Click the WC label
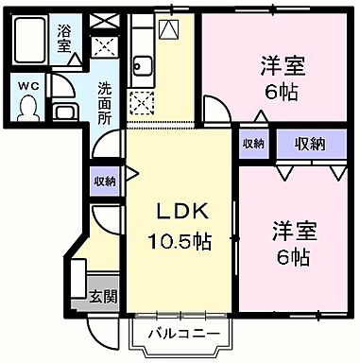tap(27, 83)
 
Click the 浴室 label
tap(65, 38)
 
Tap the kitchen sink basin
tap(145, 66)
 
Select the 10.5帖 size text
tap(180, 241)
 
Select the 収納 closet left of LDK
tap(104, 181)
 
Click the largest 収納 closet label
tap(309, 144)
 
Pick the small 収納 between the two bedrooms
tap(253, 144)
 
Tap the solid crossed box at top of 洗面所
tap(104, 43)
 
